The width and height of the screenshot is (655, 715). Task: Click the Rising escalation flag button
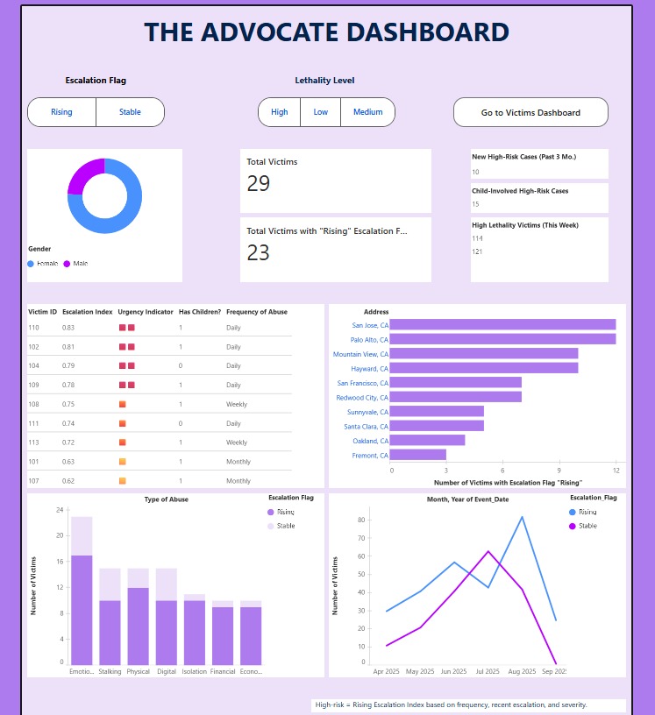point(61,112)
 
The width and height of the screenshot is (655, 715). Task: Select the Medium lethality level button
point(368,112)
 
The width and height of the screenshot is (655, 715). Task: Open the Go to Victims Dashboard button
point(530,112)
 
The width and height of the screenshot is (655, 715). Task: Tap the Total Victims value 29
point(259,183)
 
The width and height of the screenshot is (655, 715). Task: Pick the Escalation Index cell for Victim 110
point(68,327)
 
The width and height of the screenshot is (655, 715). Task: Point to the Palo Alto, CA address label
point(369,339)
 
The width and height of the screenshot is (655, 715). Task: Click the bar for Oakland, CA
point(427,440)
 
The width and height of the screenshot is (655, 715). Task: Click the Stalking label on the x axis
point(110,672)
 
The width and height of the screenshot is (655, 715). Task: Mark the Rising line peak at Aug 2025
point(523,517)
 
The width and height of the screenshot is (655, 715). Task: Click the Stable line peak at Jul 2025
point(488,551)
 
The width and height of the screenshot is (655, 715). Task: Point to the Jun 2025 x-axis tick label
point(453,671)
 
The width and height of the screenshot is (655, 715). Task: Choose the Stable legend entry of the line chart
point(587,526)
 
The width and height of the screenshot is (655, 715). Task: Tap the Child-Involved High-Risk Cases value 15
point(475,204)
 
